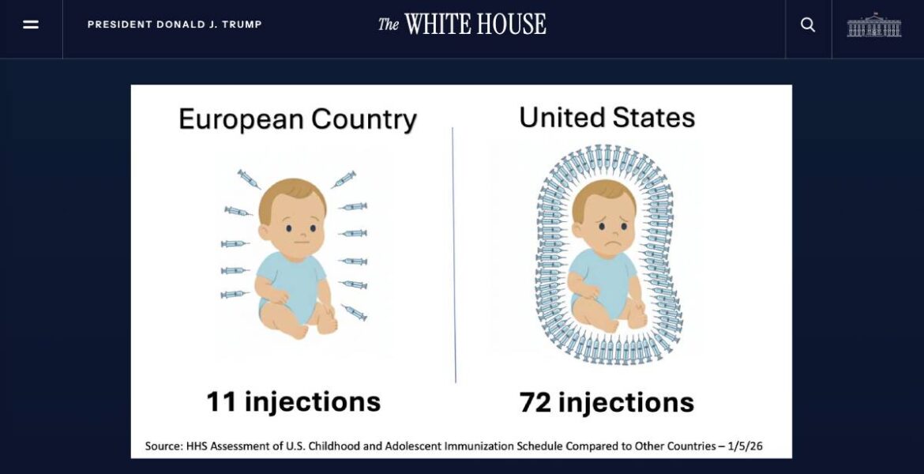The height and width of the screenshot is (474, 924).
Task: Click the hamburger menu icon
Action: (31, 24)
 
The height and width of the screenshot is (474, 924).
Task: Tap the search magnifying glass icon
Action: (808, 24)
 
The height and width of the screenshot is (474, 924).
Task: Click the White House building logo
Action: (874, 24)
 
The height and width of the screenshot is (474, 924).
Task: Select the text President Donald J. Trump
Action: (175, 24)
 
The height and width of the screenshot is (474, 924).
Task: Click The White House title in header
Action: (462, 24)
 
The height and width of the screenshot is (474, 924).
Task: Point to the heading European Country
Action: (298, 119)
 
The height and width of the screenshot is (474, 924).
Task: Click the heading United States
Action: (607, 117)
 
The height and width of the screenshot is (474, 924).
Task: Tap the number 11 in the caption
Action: (222, 401)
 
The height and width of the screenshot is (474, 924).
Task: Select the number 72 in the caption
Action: (535, 402)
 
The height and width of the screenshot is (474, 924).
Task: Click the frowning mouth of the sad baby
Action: (614, 243)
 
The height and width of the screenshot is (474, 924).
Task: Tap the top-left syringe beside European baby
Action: (248, 179)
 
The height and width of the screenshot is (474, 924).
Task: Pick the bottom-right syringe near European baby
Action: (354, 313)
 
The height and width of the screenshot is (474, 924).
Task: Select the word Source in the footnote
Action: (163, 446)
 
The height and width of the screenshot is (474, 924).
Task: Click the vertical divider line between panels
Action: (454, 254)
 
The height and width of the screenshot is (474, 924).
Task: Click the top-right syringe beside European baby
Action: (344, 179)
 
